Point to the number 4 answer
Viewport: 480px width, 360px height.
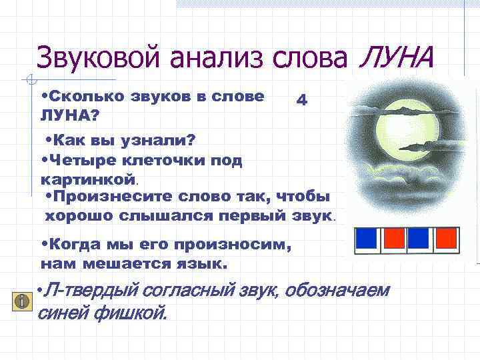pos(301,100)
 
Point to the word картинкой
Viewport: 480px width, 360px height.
pos(88,179)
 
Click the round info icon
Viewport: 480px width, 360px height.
pos(23,301)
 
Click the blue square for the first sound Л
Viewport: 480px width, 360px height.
pos(366,238)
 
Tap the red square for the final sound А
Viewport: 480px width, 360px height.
pos(446,238)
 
